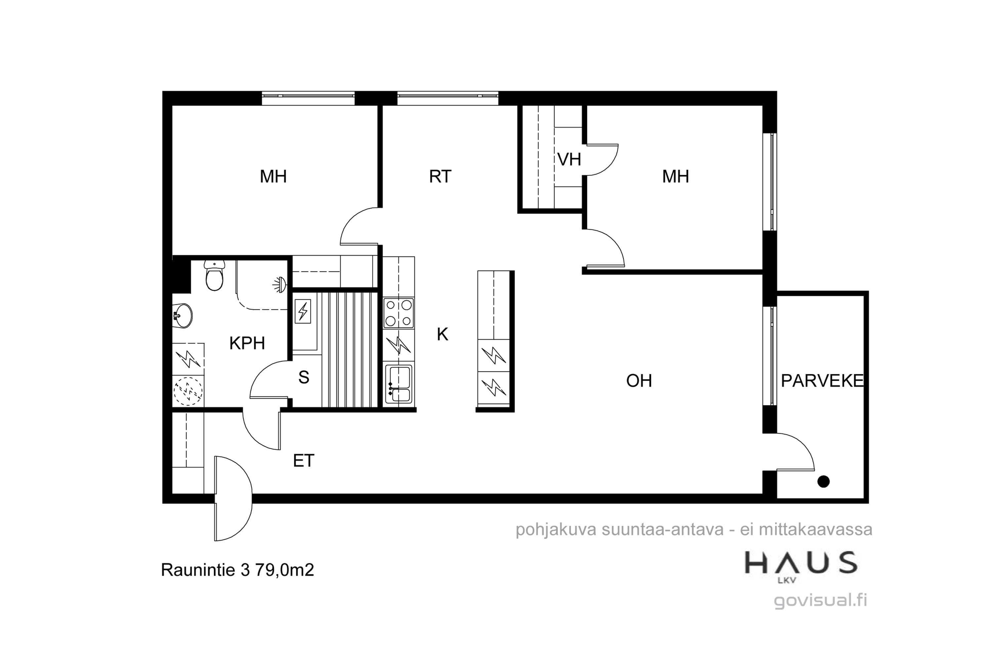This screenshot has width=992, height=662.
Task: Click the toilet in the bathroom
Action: [x=214, y=275]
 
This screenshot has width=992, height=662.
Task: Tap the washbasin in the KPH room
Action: [x=183, y=315]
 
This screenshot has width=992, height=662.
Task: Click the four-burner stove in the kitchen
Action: [x=398, y=313]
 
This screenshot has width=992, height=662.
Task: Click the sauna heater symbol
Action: [x=303, y=311]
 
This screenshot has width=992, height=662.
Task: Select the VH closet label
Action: [x=569, y=160]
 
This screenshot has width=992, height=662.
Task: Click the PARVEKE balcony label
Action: [x=822, y=381]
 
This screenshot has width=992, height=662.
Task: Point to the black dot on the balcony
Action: [x=823, y=481]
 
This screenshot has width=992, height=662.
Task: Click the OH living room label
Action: [x=639, y=381]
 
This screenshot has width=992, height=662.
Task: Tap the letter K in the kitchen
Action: [x=442, y=334]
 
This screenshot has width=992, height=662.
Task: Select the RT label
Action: [x=440, y=176]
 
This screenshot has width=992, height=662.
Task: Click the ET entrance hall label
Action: [x=304, y=461]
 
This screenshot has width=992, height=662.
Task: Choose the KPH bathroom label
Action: [x=247, y=343]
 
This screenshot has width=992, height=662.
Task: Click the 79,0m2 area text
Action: [x=285, y=570]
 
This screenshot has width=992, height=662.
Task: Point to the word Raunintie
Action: [x=198, y=570]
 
